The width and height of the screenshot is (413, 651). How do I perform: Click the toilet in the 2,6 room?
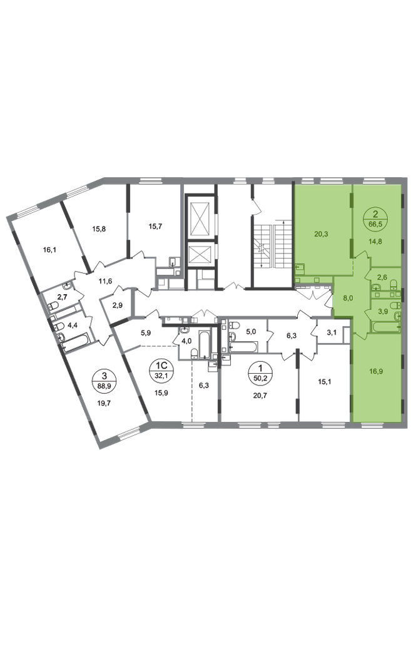tap(393, 287)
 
